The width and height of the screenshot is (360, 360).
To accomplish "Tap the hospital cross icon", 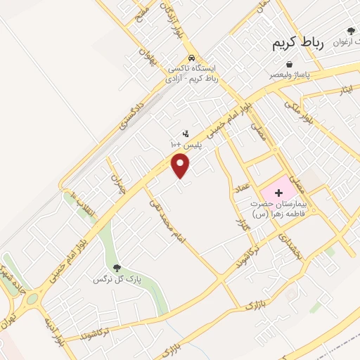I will tap(278, 192).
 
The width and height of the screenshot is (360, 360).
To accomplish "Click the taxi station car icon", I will tap(191, 59).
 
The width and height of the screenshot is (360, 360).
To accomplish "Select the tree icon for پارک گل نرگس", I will tap(117, 268).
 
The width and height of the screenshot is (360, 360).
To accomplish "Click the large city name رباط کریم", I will tap(298, 43).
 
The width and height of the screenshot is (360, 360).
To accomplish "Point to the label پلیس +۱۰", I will tap(186, 144).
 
